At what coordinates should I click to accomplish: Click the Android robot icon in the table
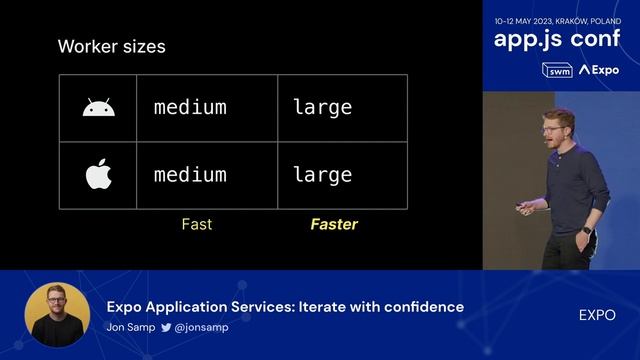(97, 107)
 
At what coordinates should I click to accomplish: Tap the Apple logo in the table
(97, 174)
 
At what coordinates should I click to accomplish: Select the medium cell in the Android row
(190, 107)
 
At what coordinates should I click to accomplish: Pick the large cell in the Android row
(322, 107)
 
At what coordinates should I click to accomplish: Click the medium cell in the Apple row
(190, 175)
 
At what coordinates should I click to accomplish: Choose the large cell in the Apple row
(322, 175)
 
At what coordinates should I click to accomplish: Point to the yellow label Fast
(196, 224)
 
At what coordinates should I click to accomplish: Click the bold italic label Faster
(334, 224)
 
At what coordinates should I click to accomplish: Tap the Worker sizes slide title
(111, 46)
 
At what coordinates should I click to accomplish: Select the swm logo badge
(557, 70)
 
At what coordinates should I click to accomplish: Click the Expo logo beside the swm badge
(599, 70)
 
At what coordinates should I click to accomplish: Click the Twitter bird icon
(166, 327)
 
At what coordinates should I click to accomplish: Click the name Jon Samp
(130, 327)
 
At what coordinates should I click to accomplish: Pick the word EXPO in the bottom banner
(597, 315)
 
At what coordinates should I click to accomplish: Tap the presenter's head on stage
(557, 129)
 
